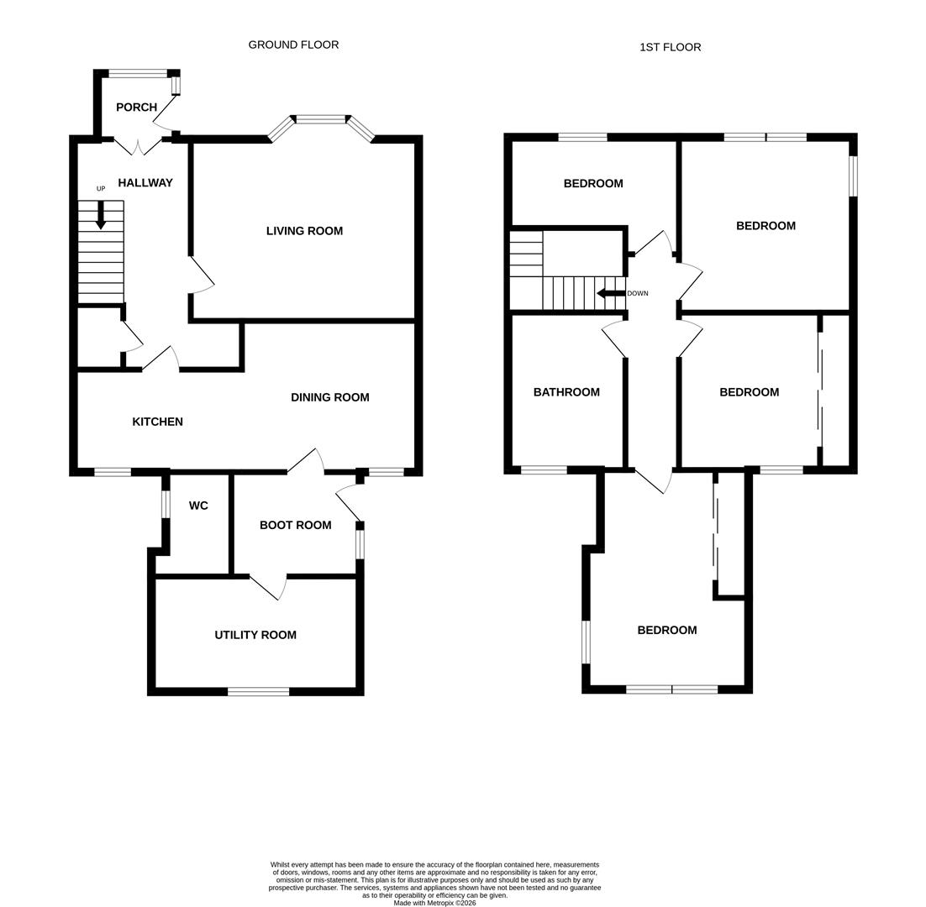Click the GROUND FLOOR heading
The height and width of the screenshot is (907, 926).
(x=293, y=45)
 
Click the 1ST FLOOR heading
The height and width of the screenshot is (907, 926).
(x=670, y=47)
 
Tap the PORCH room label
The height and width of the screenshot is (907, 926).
(x=136, y=107)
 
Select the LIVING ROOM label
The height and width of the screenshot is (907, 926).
(x=304, y=231)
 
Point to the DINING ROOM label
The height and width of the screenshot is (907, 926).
(x=329, y=397)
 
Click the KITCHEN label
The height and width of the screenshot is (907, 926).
(x=157, y=422)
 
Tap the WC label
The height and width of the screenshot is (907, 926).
(x=198, y=506)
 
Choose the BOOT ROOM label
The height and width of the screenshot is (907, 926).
(x=295, y=525)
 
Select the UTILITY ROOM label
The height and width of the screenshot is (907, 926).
(x=255, y=635)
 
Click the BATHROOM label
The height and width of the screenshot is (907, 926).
(x=566, y=392)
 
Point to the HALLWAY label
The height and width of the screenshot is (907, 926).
(x=145, y=183)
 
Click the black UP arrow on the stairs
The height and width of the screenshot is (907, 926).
(x=101, y=215)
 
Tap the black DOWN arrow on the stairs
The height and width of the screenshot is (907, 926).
(x=610, y=293)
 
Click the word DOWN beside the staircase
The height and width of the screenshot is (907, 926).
(x=638, y=293)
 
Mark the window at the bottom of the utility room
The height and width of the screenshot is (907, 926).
(x=258, y=691)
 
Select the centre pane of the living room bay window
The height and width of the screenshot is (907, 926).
(x=320, y=119)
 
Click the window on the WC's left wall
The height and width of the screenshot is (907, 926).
(x=166, y=504)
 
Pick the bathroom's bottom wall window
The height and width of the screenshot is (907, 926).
(x=543, y=469)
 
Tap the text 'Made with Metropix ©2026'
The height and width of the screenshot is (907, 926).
(x=434, y=903)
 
